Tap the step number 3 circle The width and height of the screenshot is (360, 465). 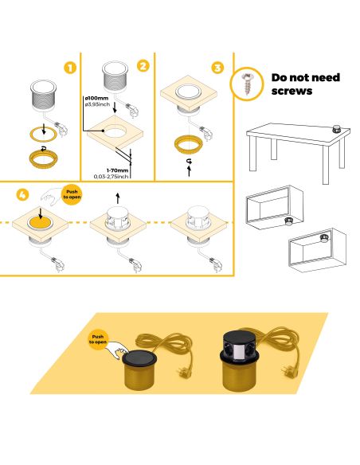tap(217, 67)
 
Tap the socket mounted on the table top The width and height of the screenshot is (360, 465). tap(335, 127)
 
